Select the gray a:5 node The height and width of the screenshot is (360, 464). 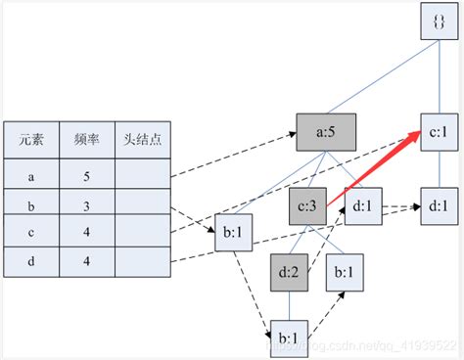(325, 130)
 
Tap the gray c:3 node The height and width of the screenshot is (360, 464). (305, 206)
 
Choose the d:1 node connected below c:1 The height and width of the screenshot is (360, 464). (438, 206)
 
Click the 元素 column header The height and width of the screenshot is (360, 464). (30, 140)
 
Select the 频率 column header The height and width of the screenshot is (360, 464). (86, 140)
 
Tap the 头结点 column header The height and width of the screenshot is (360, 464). (142, 140)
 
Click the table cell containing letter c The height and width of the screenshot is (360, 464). (30, 233)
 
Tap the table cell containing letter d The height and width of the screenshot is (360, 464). (30, 261)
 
